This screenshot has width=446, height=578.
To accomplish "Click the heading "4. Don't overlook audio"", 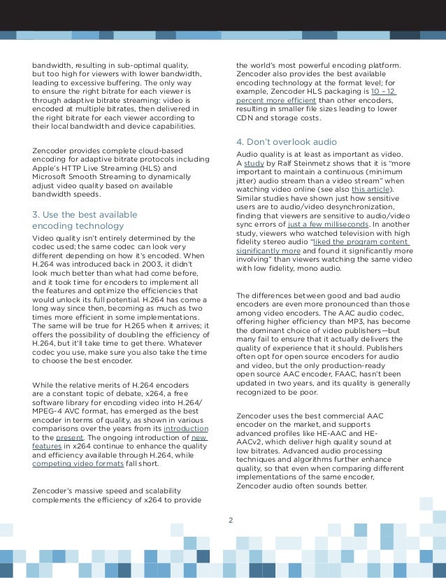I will [x=280, y=143].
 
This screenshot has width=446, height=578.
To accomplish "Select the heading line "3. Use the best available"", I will [x=85, y=214].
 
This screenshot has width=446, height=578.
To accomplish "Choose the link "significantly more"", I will [x=268, y=250].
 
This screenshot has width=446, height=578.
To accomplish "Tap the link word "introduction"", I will [x=185, y=428].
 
